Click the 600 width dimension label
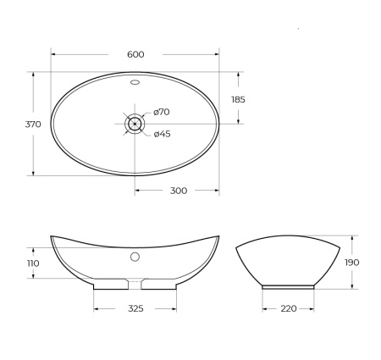coord(135,54)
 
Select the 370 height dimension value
coord(33,124)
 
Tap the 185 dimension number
coord(238,99)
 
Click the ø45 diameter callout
coord(163,133)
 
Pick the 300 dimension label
coord(178,191)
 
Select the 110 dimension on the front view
coord(32,263)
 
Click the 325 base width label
coord(135,308)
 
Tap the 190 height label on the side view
coord(352,263)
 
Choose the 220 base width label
coord(288,308)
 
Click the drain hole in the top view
coord(135,124)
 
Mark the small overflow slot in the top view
coord(135,84)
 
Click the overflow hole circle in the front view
coord(135,256)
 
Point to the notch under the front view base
coord(135,283)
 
